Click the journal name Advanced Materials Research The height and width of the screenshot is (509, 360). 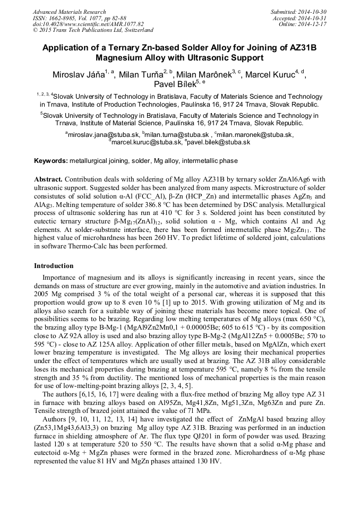(70, 12)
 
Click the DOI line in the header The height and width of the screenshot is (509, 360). (88, 24)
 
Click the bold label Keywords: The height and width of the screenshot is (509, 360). (51, 160)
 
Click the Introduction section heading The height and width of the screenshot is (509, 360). (54, 265)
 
